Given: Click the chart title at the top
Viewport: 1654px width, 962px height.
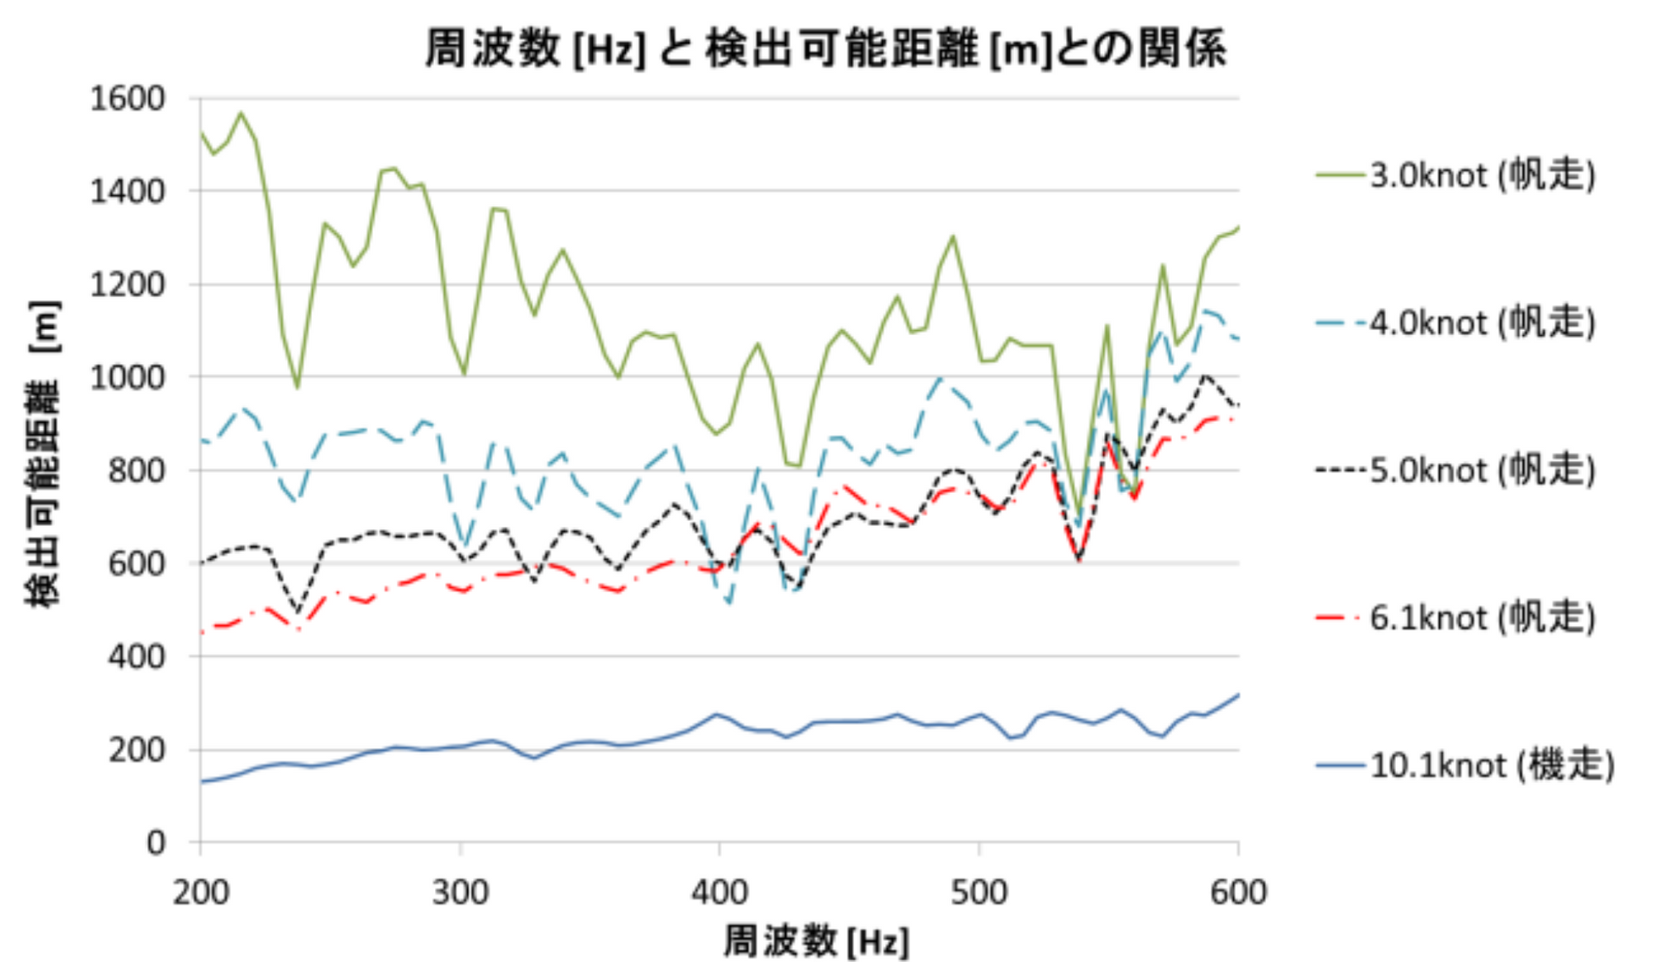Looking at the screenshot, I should pyautogui.click(x=825, y=48).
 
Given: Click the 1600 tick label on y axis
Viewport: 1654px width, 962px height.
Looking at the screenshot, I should pyautogui.click(x=127, y=98).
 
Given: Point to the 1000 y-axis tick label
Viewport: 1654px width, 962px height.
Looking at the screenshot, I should pyautogui.click(x=127, y=377).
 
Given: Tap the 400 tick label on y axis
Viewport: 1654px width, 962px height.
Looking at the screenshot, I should pyautogui.click(x=137, y=657).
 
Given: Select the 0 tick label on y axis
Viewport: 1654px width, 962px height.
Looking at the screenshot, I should pyautogui.click(x=156, y=843).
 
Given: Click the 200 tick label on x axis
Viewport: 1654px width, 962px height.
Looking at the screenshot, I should pyautogui.click(x=201, y=893).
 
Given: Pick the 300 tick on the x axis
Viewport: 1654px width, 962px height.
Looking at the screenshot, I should pyautogui.click(x=460, y=893).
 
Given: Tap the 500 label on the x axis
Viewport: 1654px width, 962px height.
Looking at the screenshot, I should pyautogui.click(x=979, y=893).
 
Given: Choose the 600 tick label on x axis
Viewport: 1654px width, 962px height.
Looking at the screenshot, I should pyautogui.click(x=1238, y=893).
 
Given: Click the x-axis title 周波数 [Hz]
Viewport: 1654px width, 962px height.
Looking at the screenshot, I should pyautogui.click(x=816, y=941).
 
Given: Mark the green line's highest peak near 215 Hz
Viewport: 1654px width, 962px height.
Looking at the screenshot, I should pyautogui.click(x=241, y=112).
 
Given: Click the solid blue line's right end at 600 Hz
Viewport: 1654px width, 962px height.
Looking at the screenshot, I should pyautogui.click(x=1238, y=695).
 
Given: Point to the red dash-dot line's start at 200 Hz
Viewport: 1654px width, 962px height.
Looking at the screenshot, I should pyautogui.click(x=201, y=633).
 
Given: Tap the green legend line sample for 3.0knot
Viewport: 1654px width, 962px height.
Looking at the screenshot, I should pyautogui.click(x=1340, y=175).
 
